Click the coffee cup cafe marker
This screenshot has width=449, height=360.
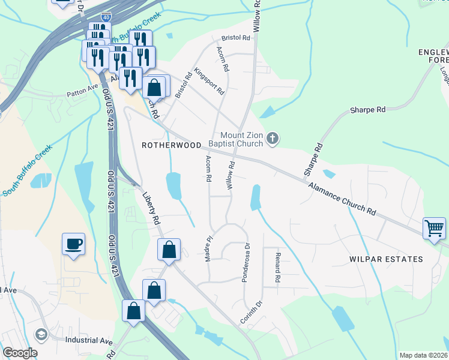coord(73,244)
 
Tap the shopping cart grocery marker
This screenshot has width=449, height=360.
coord(434,229)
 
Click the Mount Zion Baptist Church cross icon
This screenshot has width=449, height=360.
coord(273,139)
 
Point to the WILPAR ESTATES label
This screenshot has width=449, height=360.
coord(386,259)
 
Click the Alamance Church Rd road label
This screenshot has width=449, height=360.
coord(342,200)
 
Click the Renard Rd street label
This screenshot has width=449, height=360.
coord(278,268)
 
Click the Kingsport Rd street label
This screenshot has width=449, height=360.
coord(208,81)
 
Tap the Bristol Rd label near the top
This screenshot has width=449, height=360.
coord(235,37)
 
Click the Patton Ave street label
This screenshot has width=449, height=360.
coord(82,94)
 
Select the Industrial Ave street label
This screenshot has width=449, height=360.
coord(89,341)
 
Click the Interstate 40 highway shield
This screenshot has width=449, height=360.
coord(106,18)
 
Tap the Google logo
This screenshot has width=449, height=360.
coord(20,353)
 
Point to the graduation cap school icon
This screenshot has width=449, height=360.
coord(42,334)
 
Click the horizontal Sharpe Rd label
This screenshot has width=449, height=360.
coord(368,110)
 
